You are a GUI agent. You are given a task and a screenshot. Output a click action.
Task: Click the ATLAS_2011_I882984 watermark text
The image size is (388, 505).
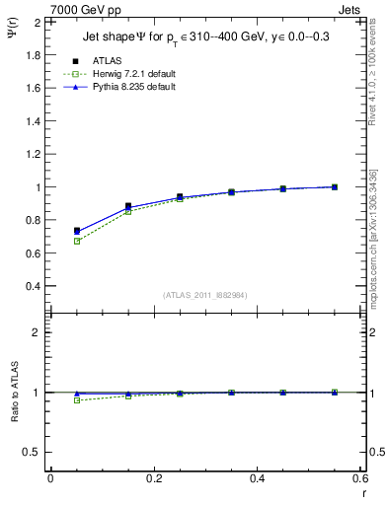tap(205, 295)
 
